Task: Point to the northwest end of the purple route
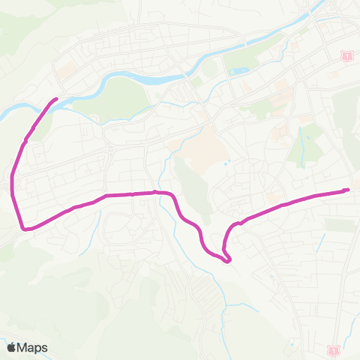click(55, 99)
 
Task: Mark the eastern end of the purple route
click(347, 190)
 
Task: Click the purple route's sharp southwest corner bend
click(22, 228)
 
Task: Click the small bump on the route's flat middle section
click(155, 192)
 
